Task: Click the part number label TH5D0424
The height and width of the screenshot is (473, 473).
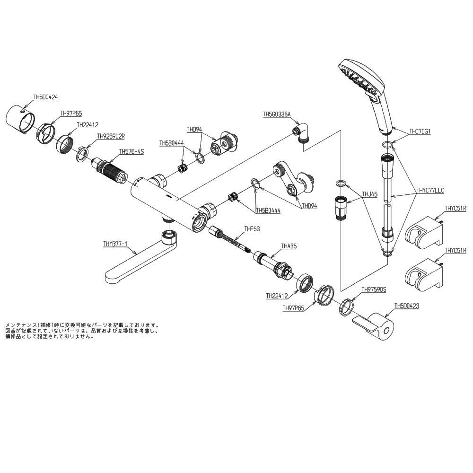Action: [x=45, y=97]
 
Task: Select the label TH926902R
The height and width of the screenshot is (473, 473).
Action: [x=111, y=136]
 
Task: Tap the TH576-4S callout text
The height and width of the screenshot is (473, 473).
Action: [x=131, y=151]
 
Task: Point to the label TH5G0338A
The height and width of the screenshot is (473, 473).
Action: [x=277, y=114]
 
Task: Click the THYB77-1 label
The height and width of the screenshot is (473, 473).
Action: [x=115, y=244]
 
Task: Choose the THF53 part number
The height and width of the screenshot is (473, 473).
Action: [x=252, y=229]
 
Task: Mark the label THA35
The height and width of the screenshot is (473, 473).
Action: [x=289, y=246]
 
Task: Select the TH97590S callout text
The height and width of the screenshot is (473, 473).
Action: [x=374, y=289]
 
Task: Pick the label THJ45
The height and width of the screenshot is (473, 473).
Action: [x=369, y=193]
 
